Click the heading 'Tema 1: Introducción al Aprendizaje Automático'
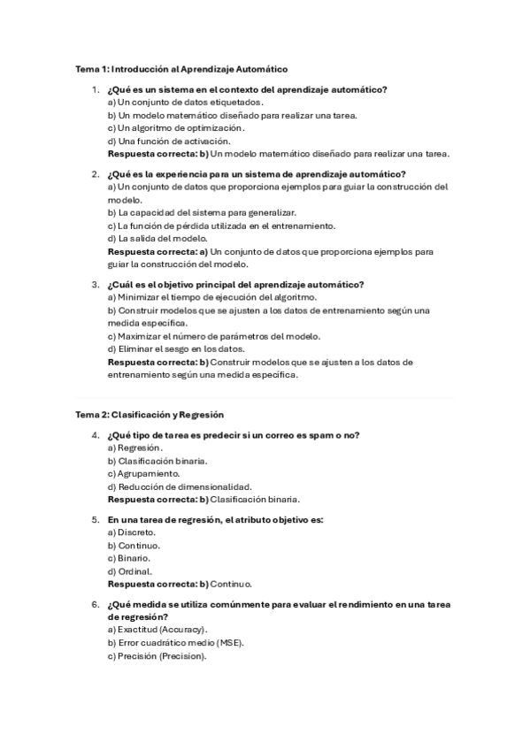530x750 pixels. pyautogui.click(x=181, y=69)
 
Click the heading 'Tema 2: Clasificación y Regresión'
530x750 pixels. pyautogui.click(x=150, y=414)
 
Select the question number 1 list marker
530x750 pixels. pyautogui.click(x=95, y=89)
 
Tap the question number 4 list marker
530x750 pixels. pyautogui.click(x=95, y=434)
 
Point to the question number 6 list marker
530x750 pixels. pyautogui.click(x=95, y=604)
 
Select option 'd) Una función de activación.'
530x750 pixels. pyautogui.click(x=157, y=141)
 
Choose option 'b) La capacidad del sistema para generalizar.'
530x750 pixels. pyautogui.click(x=202, y=212)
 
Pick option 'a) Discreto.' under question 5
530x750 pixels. pyautogui.click(x=132, y=532)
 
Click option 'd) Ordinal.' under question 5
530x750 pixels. pyautogui.click(x=129, y=571)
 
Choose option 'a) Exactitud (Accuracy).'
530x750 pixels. pyautogui.click(x=157, y=630)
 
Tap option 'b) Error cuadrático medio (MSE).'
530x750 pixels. pyautogui.click(x=175, y=643)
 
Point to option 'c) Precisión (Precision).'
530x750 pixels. pyautogui.click(x=157, y=656)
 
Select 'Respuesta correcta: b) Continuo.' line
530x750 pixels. pyautogui.click(x=180, y=585)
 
